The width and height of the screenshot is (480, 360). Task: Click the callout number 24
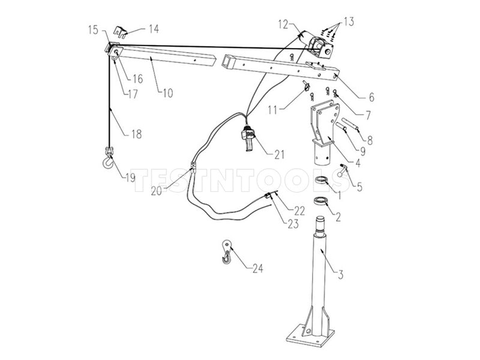[x=258, y=268]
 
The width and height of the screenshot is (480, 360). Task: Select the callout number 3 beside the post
[x=340, y=274]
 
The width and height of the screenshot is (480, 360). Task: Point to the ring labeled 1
[x=322, y=179]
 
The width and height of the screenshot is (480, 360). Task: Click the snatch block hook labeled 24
[x=226, y=252]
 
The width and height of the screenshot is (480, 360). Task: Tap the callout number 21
[x=279, y=155]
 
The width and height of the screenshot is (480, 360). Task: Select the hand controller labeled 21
[x=248, y=139]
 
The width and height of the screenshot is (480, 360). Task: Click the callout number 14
[x=154, y=29]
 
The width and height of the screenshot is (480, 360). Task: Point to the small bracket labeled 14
[x=121, y=32]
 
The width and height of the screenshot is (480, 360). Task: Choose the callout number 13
[x=349, y=22]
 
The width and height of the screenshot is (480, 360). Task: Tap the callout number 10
[x=167, y=93]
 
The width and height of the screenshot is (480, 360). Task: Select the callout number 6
[x=371, y=97]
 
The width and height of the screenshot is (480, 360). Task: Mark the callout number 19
[x=130, y=178]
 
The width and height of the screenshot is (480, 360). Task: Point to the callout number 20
[x=156, y=191]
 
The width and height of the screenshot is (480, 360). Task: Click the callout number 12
[x=283, y=24]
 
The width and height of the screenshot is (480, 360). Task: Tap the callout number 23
[x=293, y=224]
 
